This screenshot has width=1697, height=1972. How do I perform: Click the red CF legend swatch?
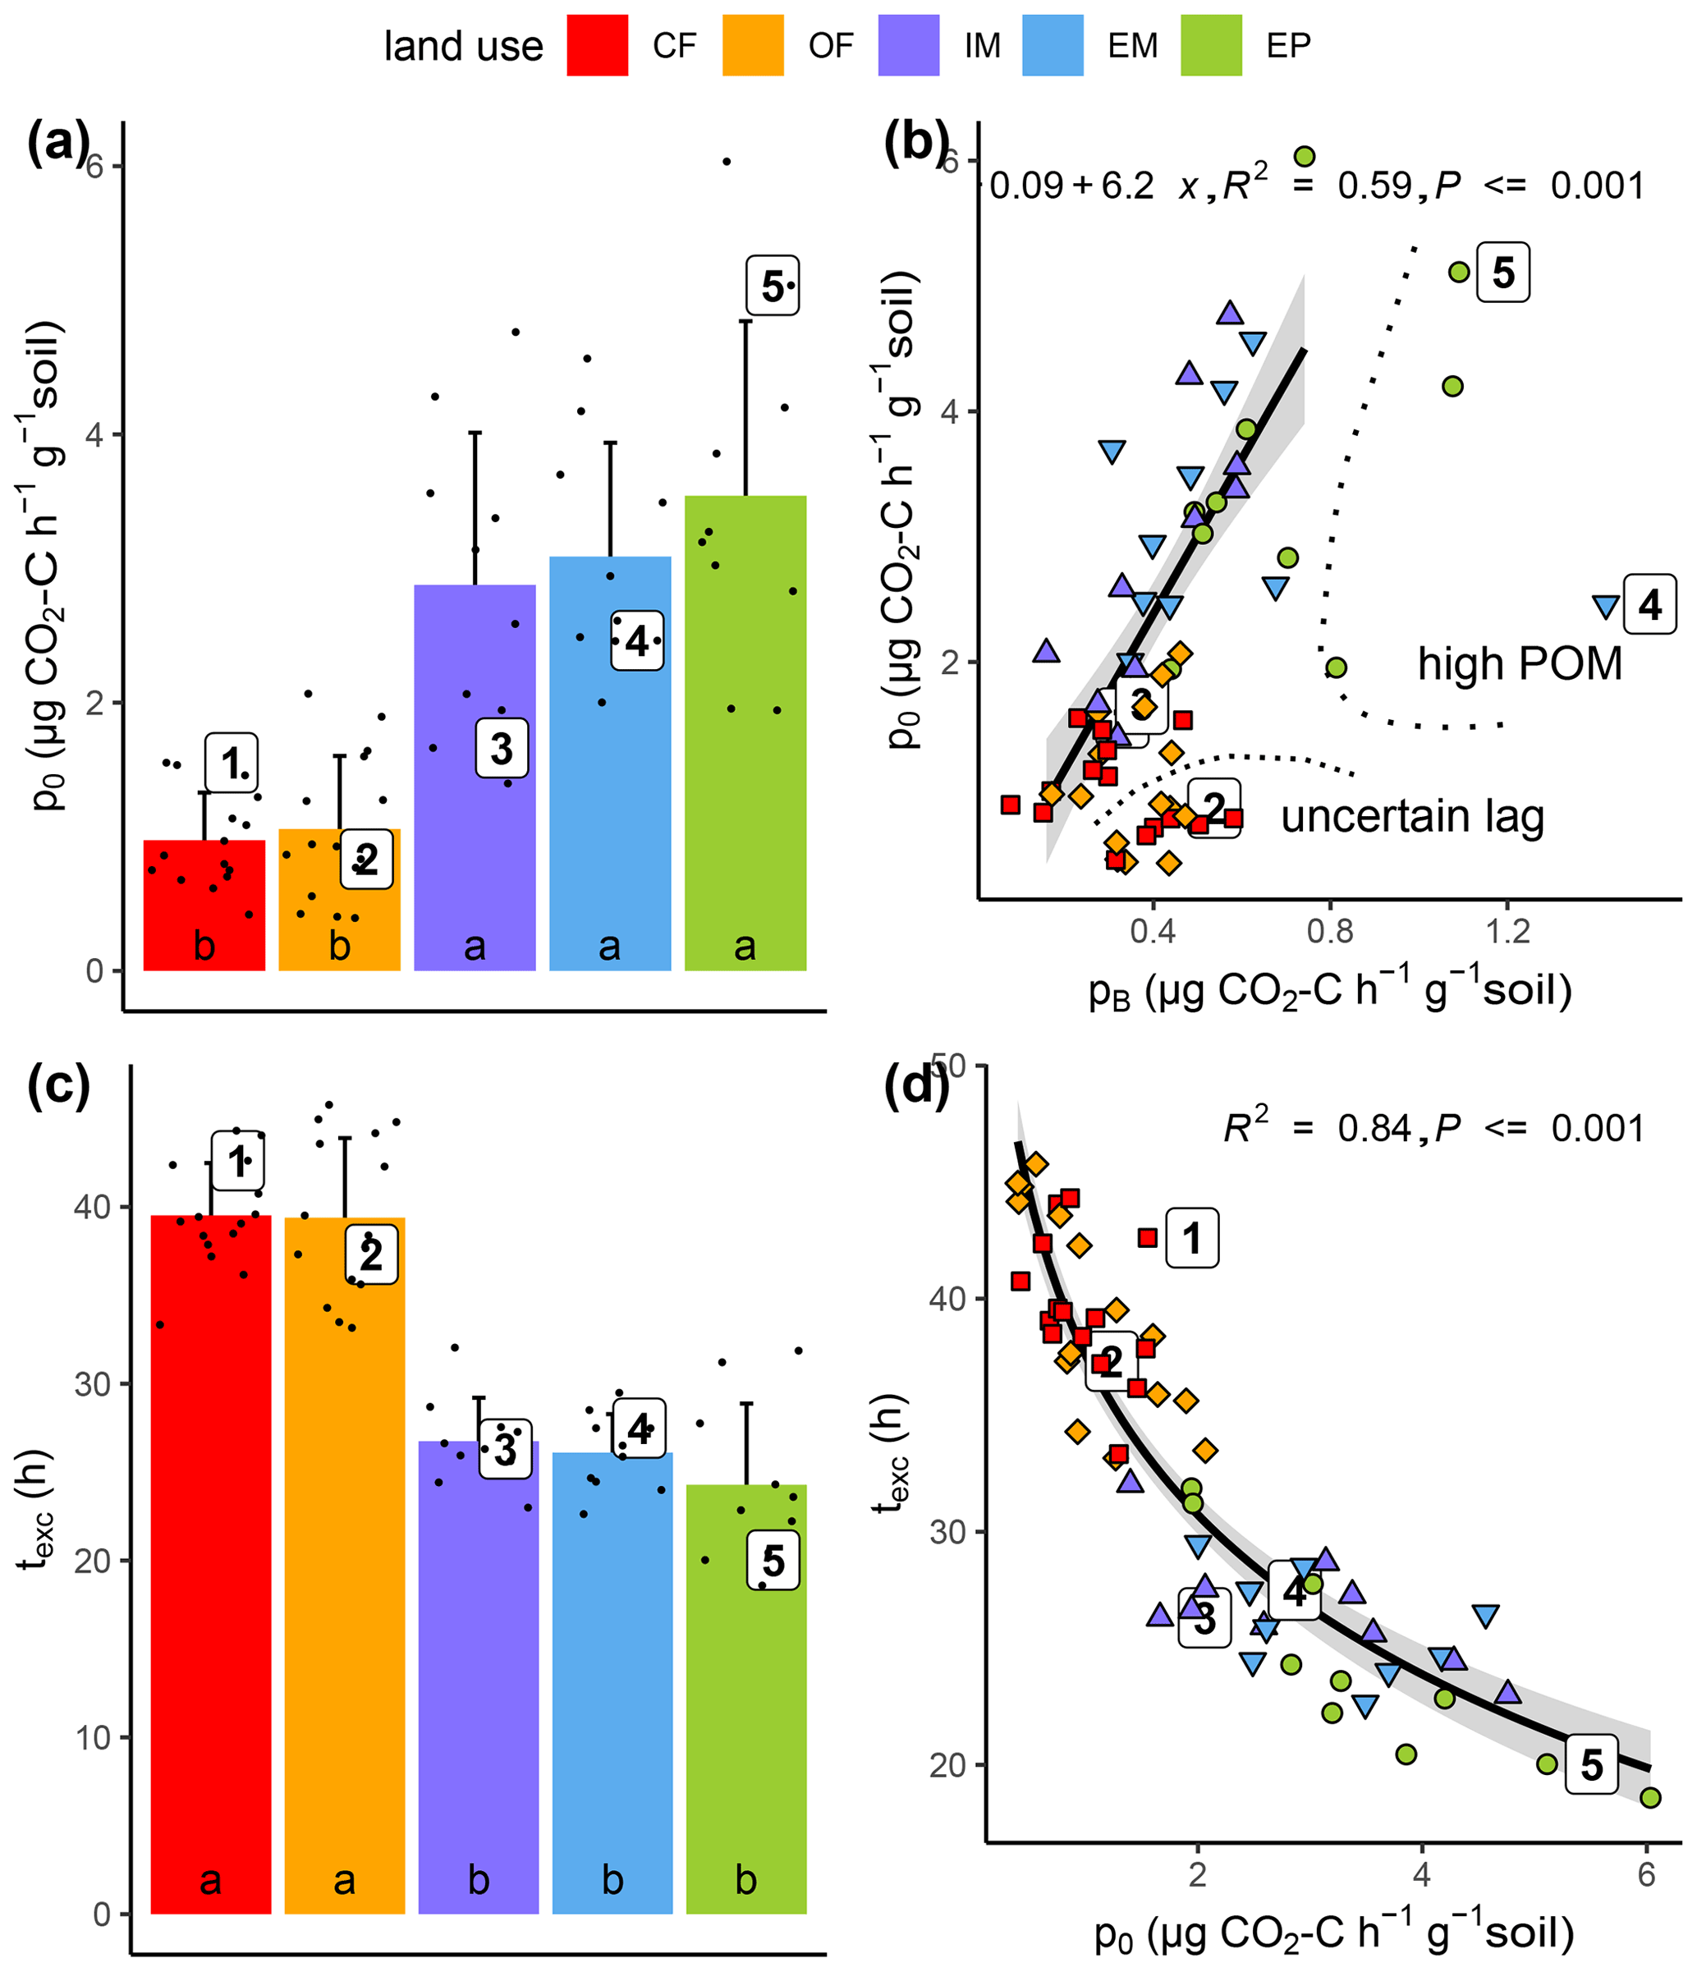(x=597, y=44)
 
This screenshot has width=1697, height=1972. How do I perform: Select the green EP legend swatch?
(x=1211, y=44)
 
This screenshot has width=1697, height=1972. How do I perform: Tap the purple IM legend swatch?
(x=908, y=44)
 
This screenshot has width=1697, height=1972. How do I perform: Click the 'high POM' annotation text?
(x=1519, y=663)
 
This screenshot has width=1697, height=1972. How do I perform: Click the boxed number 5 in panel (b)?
(x=1503, y=273)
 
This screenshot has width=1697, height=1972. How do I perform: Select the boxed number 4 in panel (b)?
(x=1649, y=604)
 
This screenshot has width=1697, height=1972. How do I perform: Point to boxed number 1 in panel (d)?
(x=1191, y=1238)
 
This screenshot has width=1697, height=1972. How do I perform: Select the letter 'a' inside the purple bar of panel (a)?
(x=474, y=946)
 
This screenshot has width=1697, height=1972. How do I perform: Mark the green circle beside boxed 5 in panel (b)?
(x=1459, y=273)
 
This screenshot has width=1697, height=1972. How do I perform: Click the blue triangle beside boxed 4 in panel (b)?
(x=1606, y=606)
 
